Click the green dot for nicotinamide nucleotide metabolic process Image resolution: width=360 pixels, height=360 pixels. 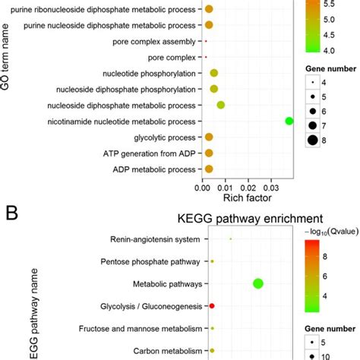[x=289, y=121]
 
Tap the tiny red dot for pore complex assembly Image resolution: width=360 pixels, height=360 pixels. [x=206, y=40]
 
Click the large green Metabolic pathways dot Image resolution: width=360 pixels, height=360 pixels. [x=257, y=284]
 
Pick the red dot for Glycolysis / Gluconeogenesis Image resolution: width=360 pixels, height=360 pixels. [x=212, y=306]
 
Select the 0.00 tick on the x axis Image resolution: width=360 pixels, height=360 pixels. [x=203, y=186]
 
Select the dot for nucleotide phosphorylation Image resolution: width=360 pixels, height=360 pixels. [x=214, y=73]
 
